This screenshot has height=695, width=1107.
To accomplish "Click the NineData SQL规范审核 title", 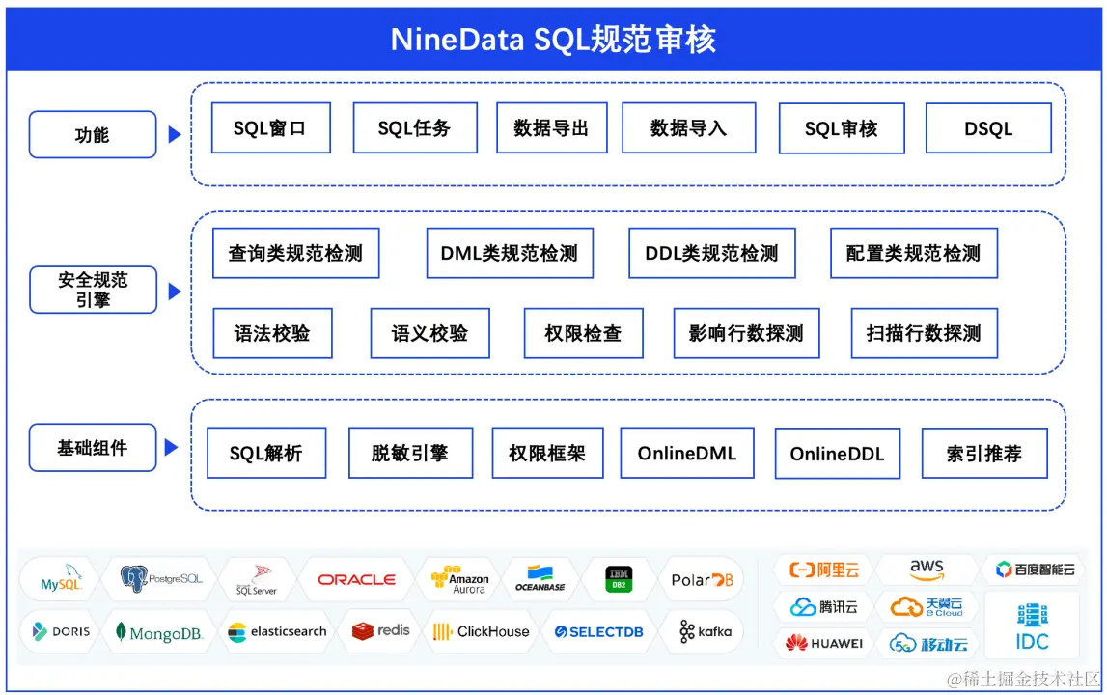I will (553, 40).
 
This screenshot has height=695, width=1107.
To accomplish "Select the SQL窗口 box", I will (270, 127).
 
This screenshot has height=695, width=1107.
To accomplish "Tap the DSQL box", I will (987, 128).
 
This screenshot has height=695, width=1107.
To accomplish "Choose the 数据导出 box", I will (551, 127).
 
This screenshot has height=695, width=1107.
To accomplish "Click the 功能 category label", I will (93, 134).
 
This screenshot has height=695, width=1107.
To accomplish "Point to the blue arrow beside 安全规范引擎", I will (175, 291).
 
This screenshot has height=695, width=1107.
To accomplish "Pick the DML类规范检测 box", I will (510, 254).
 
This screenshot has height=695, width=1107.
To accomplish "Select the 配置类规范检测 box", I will (913, 254).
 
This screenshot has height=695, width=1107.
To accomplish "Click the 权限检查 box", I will (583, 333).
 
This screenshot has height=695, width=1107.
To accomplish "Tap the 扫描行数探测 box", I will (924, 333).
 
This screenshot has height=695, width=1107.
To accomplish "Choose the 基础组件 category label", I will (93, 448).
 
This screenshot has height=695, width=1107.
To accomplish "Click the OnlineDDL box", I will (837, 454).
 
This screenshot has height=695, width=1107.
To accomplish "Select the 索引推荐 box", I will (983, 454).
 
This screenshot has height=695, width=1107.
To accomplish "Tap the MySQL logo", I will (60, 580).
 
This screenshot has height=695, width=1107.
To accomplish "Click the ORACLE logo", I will (357, 579).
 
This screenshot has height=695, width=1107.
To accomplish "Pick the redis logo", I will (381, 631).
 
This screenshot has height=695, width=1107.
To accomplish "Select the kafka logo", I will (706, 632).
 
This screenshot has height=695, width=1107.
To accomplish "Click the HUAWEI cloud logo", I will (824, 642).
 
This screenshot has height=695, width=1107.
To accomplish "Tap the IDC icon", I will (1032, 626).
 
